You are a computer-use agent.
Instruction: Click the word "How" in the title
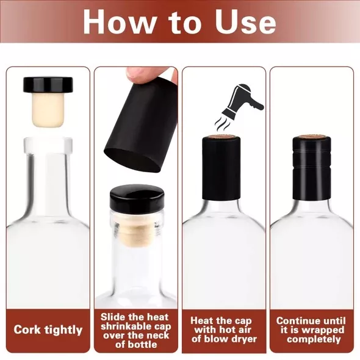pyautogui.click(x=119, y=22)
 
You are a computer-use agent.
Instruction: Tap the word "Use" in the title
pyautogui.click(x=245, y=22)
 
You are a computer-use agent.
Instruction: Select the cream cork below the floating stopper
pyautogui.click(x=48, y=110)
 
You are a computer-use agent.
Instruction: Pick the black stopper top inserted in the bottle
pyautogui.click(x=137, y=196)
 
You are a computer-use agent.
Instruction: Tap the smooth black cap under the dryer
pyautogui.click(x=221, y=168)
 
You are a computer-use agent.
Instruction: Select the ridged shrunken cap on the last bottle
pyautogui.click(x=312, y=168)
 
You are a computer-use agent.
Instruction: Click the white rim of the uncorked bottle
pyautogui.click(x=48, y=146)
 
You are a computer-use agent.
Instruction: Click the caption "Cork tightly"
pyautogui.click(x=48, y=330)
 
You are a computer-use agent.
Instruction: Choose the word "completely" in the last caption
pyautogui.click(x=314, y=339)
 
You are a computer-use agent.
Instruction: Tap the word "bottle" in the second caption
pyautogui.click(x=142, y=344)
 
